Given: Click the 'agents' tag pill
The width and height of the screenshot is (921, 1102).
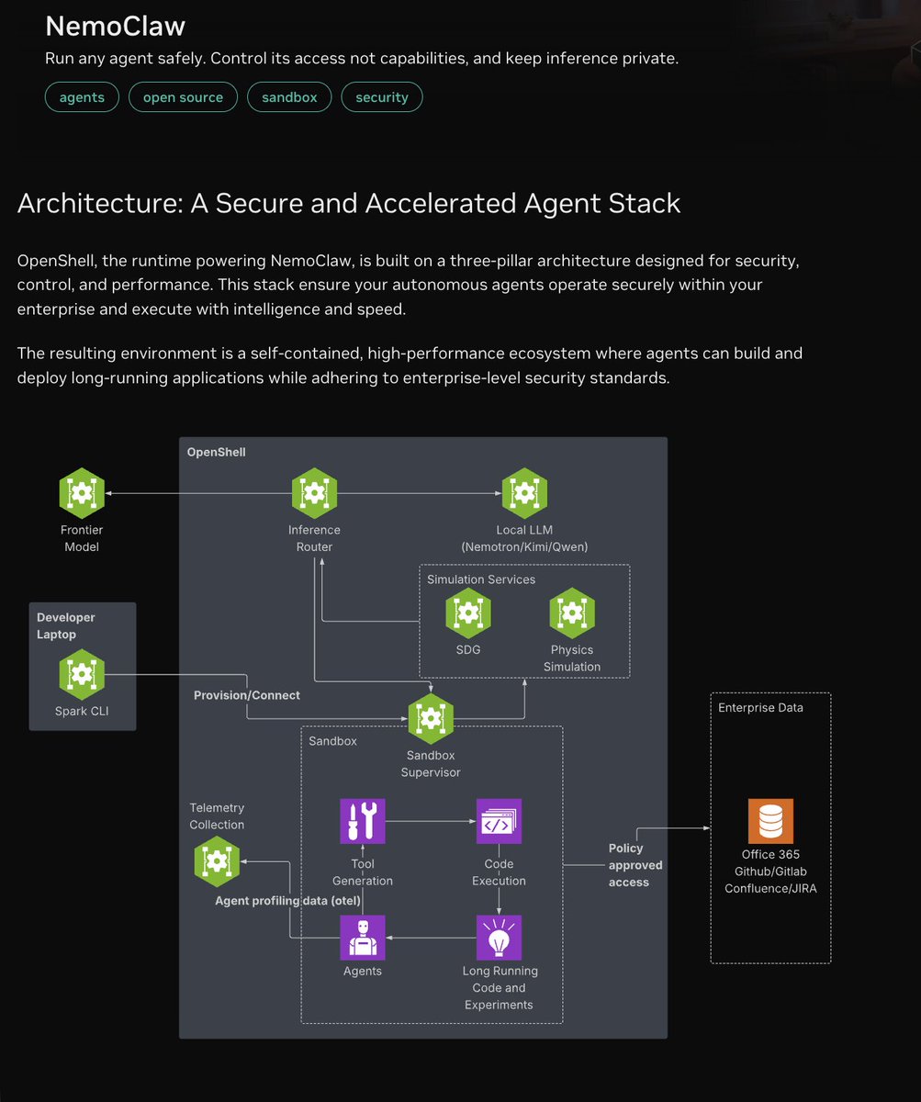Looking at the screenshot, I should coord(82,97).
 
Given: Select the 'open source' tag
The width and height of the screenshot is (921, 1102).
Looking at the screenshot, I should coord(183,97).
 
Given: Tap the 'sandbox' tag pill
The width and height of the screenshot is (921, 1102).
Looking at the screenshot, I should coord(289,97).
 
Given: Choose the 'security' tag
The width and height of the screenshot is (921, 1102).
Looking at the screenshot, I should coord(382,97).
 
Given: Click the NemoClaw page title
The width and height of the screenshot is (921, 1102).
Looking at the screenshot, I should coord(115,26).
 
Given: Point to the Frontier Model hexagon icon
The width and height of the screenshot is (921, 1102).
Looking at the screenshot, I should coord(82,493).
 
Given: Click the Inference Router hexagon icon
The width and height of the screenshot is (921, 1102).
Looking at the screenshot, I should coord(314,493).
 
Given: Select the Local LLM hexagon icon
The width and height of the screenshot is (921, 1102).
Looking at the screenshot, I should coord(524,493).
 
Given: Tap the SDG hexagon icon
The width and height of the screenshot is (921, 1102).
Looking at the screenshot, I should coord(467,613).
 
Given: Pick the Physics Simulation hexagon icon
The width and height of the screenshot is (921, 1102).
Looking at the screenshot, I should coord(572,613).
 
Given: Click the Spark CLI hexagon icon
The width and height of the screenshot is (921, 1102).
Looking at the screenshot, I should coord(82,674).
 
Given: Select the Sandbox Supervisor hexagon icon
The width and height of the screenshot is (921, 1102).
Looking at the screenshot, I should coord(430,719).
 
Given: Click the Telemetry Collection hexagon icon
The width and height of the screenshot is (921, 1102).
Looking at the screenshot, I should coord(217,861).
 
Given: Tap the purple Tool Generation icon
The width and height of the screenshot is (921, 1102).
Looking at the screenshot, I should coord(363,821).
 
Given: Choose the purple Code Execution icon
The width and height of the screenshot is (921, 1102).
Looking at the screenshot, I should coord(499,821).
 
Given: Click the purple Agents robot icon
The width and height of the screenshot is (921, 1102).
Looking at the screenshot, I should coord(363,937).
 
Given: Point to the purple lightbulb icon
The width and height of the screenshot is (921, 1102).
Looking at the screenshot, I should coord(499,937).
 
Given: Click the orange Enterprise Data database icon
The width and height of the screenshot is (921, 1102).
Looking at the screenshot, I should coord(770,821).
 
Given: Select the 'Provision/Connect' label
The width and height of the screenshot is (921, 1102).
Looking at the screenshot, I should coord(246,695).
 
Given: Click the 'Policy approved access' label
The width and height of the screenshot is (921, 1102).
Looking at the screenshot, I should coord(635,865).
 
